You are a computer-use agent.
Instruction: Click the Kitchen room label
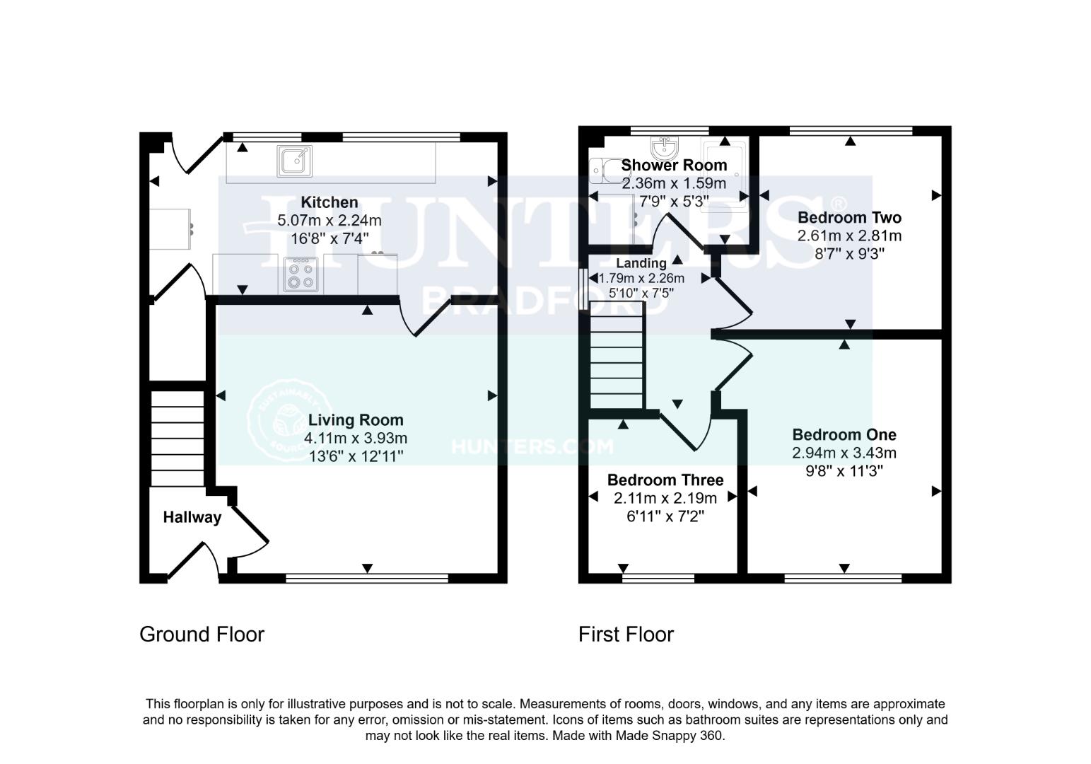329,202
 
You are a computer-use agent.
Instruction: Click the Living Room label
356,420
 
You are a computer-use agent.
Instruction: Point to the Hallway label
192,517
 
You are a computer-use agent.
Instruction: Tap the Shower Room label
674,166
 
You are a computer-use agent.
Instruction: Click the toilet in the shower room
603,170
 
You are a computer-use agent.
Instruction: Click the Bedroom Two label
849,217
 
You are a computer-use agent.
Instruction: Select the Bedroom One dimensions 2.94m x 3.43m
844,453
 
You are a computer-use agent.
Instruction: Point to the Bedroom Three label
665,480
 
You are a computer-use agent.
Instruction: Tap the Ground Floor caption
202,634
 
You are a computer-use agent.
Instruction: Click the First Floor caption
626,634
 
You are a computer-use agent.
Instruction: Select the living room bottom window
367,579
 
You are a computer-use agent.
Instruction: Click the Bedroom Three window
658,579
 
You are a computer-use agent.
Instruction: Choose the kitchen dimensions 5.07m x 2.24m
329,221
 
